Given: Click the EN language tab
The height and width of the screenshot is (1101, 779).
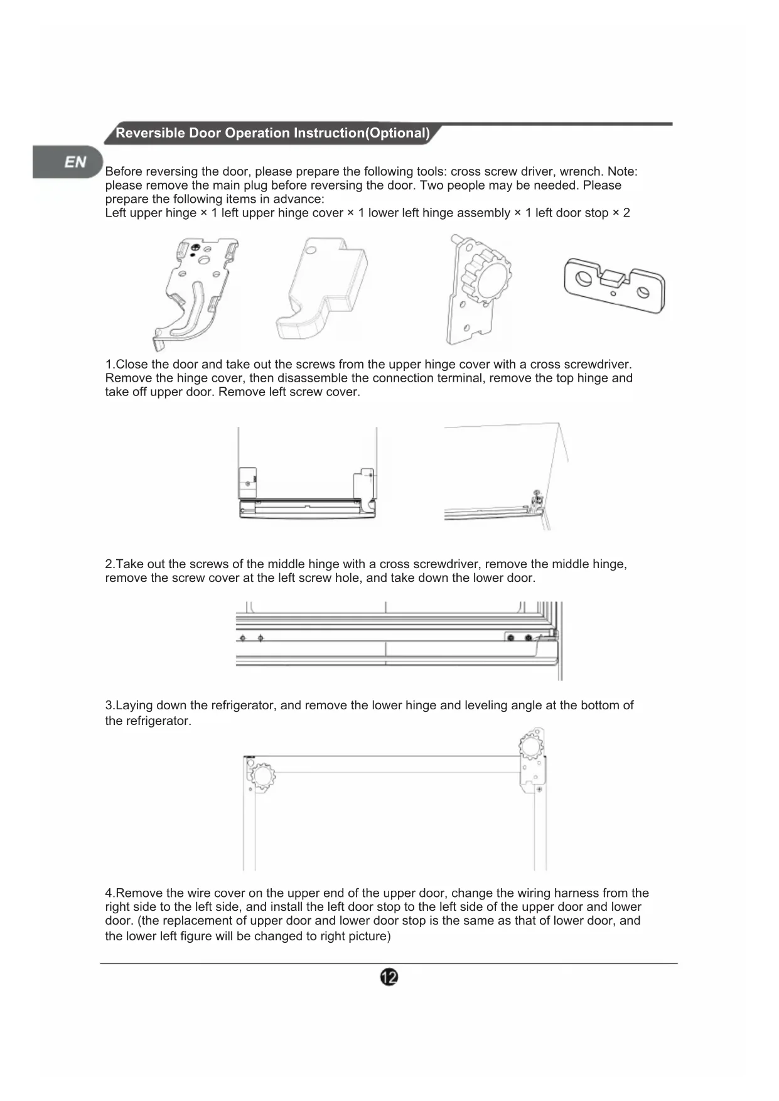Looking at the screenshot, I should pyautogui.click(x=75, y=162).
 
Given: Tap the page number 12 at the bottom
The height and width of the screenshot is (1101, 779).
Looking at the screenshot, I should pyautogui.click(x=389, y=977).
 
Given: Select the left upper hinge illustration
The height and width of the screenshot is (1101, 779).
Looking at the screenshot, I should pyautogui.click(x=195, y=291).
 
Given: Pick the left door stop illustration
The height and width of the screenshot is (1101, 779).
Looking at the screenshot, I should pyautogui.click(x=614, y=284).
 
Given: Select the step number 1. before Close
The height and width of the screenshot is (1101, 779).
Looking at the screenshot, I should pyautogui.click(x=110, y=365).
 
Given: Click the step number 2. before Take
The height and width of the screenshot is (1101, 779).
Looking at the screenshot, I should pyautogui.click(x=110, y=564).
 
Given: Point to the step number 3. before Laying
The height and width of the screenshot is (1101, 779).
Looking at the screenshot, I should pyautogui.click(x=110, y=706).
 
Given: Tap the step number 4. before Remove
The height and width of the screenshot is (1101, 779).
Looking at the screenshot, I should pyautogui.click(x=110, y=893).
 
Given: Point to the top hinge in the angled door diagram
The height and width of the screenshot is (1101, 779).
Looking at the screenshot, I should pyautogui.click(x=537, y=500).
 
